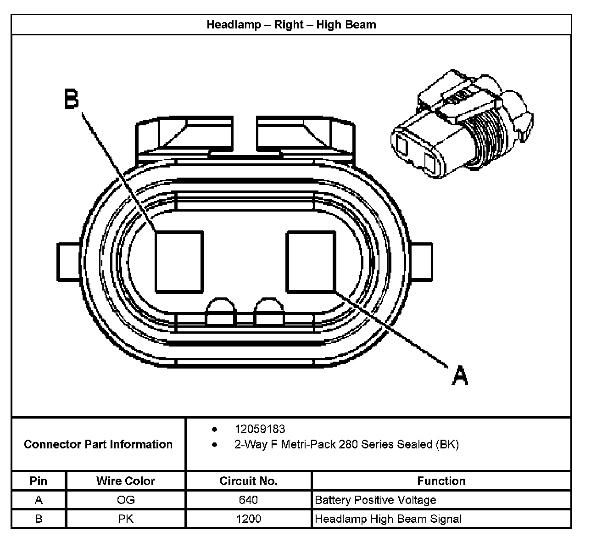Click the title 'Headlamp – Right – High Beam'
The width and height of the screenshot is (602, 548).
coord(291,24)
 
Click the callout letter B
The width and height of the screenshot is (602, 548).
coord(72,99)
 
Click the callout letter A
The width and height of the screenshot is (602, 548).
coord(460,375)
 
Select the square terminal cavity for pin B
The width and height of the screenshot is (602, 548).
coord(179,262)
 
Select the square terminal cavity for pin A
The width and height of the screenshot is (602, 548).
coord(311,262)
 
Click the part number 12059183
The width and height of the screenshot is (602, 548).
coord(260,429)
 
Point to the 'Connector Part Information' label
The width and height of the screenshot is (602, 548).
coord(98,444)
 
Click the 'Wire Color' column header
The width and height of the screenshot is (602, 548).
coord(125,481)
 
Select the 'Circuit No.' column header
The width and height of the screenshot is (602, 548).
coord(248,481)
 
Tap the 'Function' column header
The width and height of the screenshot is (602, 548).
coord(441,481)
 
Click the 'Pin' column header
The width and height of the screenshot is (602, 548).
coord(39,481)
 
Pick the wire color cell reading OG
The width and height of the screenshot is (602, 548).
coord(125,500)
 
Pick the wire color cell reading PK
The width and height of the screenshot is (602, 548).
coord(125,519)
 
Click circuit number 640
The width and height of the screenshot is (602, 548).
coord(248,500)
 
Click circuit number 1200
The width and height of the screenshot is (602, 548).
coord(248,519)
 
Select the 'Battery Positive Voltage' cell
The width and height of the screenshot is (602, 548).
coord(375,500)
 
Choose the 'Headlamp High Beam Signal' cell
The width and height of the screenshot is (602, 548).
coord(388,519)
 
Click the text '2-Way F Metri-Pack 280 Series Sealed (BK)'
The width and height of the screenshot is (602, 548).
coord(346,444)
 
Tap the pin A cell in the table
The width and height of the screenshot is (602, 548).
coord(39,500)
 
